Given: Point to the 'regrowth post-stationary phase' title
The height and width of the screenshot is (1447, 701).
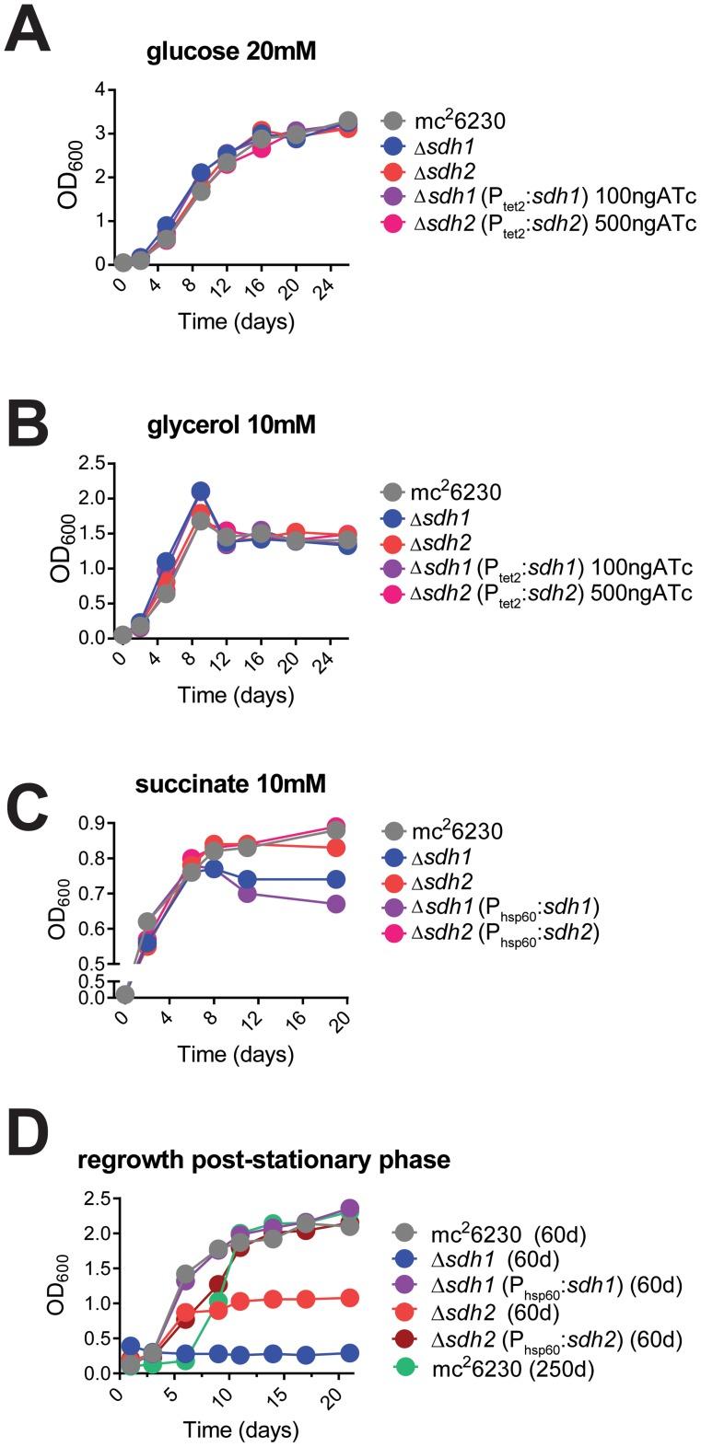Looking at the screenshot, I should pos(263,1159).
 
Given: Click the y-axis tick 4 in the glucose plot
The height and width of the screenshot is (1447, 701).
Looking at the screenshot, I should pos(109,90).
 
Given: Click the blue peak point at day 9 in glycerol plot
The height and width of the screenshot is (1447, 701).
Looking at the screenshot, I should pos(201,492).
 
